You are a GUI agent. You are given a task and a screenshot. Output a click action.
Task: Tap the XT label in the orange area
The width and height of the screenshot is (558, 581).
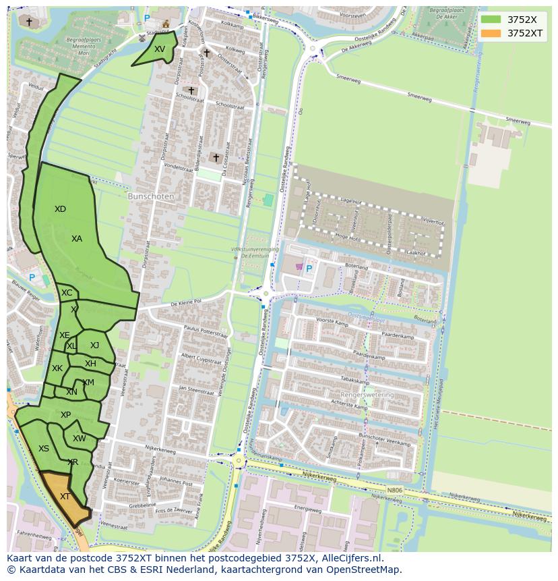tap(65, 497)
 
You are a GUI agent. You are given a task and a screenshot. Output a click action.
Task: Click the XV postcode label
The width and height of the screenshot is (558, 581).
tap(159, 49)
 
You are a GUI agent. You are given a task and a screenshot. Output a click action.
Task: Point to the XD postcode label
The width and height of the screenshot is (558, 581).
tap(60, 209)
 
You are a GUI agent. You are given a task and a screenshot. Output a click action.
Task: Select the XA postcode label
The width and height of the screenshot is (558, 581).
tap(77, 239)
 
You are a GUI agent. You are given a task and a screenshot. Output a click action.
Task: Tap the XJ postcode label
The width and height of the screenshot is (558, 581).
tap(94, 345)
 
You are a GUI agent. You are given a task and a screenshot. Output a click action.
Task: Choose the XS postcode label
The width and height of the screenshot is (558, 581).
tap(44, 449)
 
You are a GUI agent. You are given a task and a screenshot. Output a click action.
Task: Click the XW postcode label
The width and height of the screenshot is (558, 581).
tap(80, 439)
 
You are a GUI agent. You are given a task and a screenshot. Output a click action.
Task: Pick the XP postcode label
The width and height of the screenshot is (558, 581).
tap(65, 415)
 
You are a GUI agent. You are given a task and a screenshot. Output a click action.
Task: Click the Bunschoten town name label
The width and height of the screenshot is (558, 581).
tap(151, 197)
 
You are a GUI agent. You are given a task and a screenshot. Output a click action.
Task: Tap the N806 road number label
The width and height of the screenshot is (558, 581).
tap(394, 491)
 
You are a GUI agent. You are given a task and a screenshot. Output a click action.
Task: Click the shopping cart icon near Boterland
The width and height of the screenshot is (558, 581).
tap(299, 267)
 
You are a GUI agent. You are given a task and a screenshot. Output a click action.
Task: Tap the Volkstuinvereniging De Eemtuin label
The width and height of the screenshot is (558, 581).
tap(255, 252)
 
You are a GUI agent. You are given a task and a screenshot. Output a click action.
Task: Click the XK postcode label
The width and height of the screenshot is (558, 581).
tap(57, 368)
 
